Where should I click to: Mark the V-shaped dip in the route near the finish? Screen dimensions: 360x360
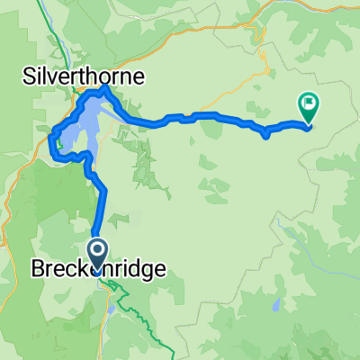click(266, 136)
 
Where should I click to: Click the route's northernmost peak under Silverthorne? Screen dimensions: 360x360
click(105, 89)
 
